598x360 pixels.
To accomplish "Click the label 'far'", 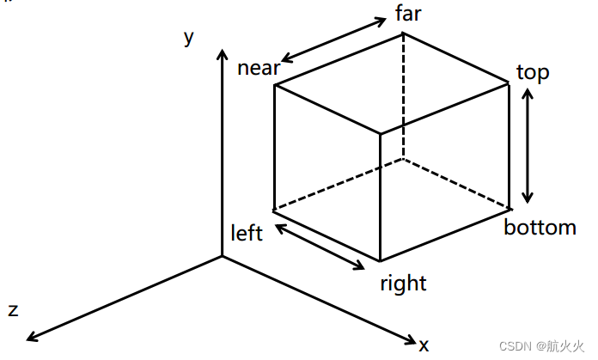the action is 408,14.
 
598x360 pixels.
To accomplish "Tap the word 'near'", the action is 259,68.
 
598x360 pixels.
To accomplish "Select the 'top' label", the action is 533,72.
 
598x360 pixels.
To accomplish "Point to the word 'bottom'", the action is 540,228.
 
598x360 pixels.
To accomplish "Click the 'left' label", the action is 247,234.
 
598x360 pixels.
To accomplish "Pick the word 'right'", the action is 403,283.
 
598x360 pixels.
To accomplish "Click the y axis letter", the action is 188,38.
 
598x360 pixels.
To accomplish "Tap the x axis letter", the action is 424,345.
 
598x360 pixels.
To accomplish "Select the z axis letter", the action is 13,310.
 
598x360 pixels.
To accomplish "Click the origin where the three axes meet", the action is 222,256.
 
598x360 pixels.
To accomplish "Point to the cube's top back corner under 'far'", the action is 404,34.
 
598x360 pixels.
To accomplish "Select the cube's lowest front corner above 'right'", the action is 380,260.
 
